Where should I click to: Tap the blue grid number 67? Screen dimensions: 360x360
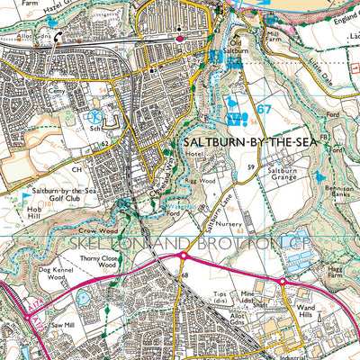tap(263, 110)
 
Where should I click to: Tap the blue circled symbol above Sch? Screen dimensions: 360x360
tap(95, 117)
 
